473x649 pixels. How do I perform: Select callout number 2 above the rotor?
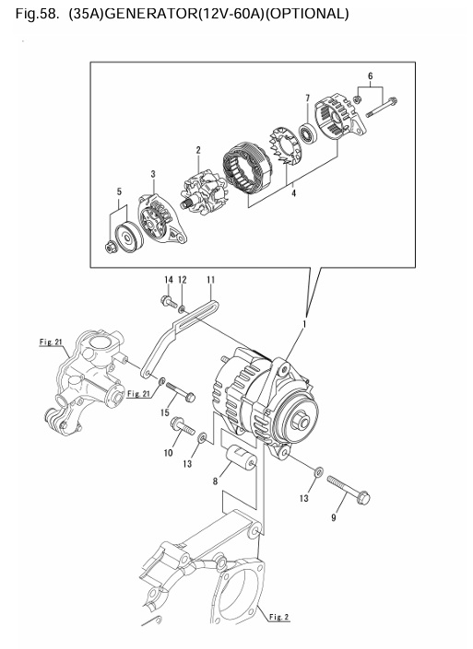click(197, 150)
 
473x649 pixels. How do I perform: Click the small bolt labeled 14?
click(169, 300)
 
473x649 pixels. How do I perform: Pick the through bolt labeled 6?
click(381, 112)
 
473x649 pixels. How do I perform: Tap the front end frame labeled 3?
click(156, 218)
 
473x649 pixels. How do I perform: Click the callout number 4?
click(292, 193)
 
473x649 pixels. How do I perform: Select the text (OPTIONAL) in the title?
click(309, 14)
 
